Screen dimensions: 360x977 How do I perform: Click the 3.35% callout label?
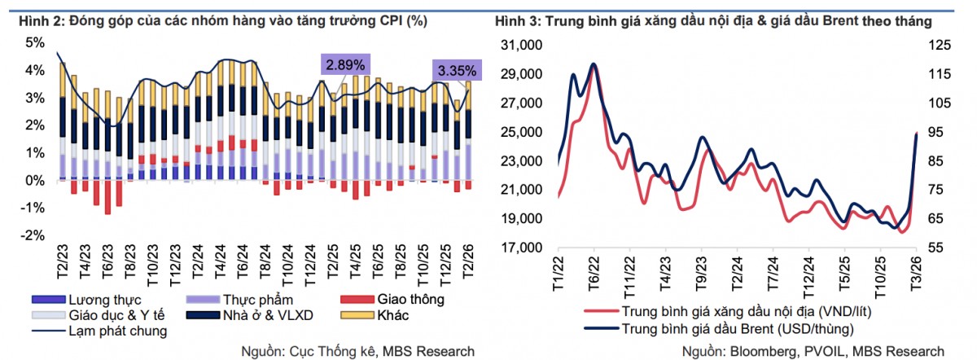(x=456, y=69)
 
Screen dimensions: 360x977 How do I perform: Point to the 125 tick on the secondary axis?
(x=943, y=46)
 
